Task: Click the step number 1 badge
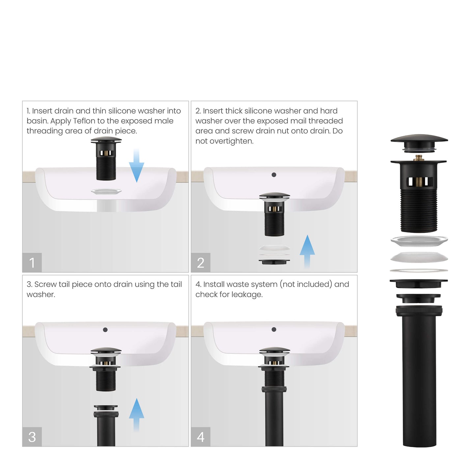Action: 32,263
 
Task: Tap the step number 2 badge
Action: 201,263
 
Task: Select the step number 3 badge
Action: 32,437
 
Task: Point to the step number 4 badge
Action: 201,437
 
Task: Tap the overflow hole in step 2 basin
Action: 274,175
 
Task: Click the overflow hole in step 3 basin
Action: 105,330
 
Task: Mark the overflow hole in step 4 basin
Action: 274,329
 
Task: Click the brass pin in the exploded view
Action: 419,157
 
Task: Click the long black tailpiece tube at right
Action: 419,379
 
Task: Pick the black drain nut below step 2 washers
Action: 274,262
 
